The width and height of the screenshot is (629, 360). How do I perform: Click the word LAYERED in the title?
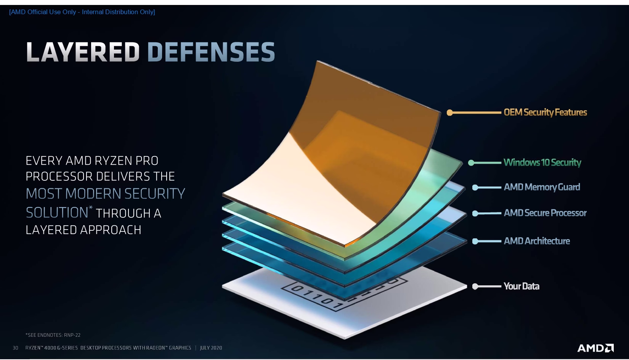[83, 52]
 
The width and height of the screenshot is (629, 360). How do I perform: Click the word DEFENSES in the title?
[211, 52]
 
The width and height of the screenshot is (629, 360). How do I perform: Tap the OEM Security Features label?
[545, 112]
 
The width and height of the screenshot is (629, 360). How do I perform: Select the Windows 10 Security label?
[542, 162]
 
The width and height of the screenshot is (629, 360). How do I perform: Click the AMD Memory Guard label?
[542, 187]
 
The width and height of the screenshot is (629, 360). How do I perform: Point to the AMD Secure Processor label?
[545, 213]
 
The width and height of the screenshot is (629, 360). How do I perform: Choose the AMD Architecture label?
[537, 241]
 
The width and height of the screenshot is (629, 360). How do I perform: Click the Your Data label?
[521, 286]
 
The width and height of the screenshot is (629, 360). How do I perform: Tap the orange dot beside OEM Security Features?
[449, 112]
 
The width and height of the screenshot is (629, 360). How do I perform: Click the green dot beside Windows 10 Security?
[471, 162]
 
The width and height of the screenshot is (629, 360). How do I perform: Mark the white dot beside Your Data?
[475, 286]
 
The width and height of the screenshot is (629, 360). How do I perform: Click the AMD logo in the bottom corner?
[595, 348]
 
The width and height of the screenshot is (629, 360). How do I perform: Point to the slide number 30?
[16, 348]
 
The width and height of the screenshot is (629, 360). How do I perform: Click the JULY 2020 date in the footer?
[211, 348]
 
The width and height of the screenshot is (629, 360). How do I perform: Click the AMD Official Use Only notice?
[82, 12]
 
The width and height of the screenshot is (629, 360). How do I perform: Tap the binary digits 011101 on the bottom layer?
[317, 297]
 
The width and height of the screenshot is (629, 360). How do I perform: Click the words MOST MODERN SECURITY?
[105, 193]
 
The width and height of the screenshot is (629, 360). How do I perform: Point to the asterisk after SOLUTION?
[91, 208]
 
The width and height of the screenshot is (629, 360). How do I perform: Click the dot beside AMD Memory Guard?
[475, 188]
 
